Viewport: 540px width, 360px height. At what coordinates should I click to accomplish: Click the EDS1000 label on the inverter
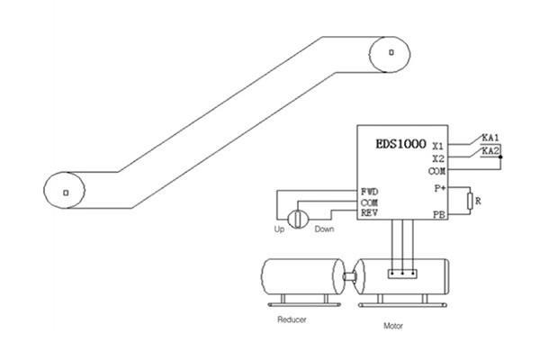400,144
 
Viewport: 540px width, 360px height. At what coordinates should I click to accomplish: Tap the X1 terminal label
438,146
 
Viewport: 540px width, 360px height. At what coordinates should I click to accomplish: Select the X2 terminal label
438,158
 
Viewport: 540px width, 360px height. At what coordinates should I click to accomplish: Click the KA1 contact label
490,138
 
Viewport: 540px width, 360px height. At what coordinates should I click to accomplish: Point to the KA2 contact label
490,151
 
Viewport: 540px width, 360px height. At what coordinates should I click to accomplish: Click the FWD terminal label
370,192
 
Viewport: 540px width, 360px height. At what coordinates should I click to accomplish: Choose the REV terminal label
369,213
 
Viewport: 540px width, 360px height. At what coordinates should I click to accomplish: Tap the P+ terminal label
440,188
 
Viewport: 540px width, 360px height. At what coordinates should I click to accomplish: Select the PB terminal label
439,215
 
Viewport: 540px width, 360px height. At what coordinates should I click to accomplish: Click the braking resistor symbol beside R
470,202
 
